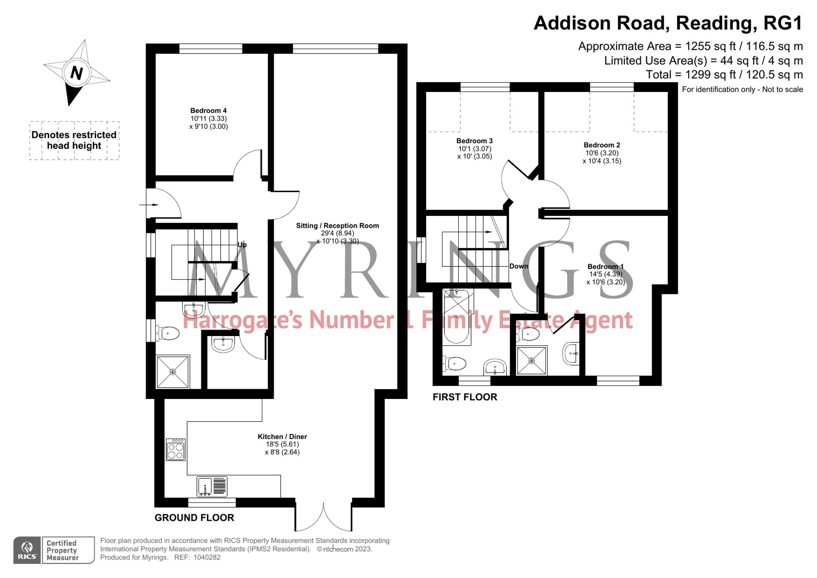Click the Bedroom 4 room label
tap(208, 111)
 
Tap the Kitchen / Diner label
tap(282, 437)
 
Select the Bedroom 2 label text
tap(602, 145)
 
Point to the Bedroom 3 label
tap(474, 141)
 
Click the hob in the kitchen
tap(176, 450)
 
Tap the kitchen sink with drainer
tap(212, 486)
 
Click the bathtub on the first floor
tap(456, 316)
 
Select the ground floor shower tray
tap(173, 372)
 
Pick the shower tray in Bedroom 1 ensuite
tap(531, 361)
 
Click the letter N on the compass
tap(76, 73)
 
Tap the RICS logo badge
tap(27, 550)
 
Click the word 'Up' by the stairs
tap(242, 245)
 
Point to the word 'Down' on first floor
tap(519, 266)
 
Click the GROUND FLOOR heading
tap(194, 518)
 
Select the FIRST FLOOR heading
tap(465, 397)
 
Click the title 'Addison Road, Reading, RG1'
tap(668, 23)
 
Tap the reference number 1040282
tap(207, 557)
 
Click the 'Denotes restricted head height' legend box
tap(74, 140)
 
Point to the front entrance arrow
tap(149, 204)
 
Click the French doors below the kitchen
tap(323, 517)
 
